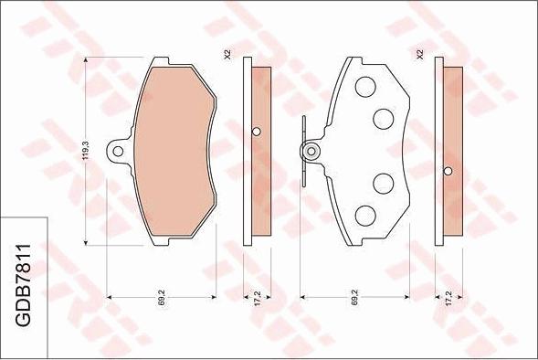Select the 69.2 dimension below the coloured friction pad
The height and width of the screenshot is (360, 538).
(161, 298)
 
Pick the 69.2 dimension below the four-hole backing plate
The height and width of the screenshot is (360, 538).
(353, 298)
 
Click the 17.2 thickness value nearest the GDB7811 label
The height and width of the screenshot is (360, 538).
(258, 298)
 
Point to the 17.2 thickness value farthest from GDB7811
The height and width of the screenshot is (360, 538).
(448, 298)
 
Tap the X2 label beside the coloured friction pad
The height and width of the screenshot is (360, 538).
(227, 55)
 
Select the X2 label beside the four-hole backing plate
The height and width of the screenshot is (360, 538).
(419, 55)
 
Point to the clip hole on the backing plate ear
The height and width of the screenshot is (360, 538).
(311, 152)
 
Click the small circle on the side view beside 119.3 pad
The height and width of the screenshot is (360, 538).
(257, 131)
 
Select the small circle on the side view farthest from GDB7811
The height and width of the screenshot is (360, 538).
(448, 171)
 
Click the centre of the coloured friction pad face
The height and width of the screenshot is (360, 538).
(174, 152)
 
